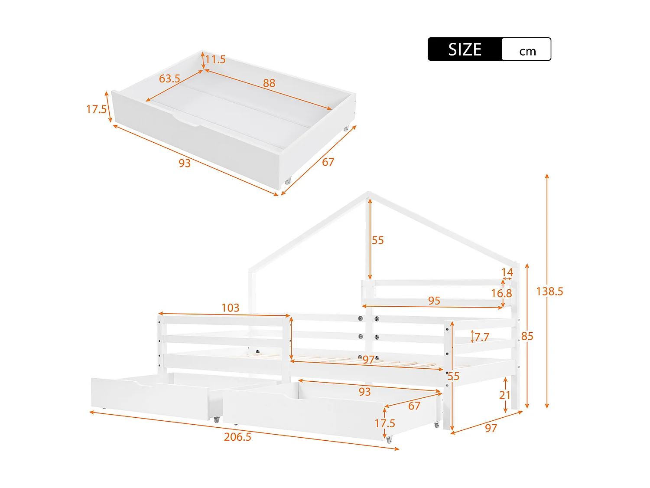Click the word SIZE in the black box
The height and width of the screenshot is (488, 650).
pos(465,49)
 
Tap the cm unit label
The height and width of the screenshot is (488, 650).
pos(527,51)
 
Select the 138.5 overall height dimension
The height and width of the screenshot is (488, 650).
pos(549,291)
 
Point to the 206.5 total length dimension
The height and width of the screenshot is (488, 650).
pos(237,436)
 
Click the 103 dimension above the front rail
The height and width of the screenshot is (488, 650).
pos(230,308)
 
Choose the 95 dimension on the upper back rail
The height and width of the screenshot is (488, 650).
pos(434,301)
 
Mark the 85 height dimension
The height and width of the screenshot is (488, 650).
pos(527,336)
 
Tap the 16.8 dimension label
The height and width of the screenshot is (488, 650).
pos(501,293)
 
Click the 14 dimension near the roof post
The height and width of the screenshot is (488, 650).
pos(507,272)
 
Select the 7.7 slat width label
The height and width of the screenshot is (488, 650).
pos(481,337)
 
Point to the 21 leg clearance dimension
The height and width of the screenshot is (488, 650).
pos(505,395)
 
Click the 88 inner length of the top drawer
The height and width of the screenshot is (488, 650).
pos(269,83)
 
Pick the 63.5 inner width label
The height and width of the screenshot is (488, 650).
pos(169,79)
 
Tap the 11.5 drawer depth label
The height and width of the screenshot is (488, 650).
pos(215,59)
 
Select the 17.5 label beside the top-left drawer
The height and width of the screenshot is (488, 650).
pos(96,109)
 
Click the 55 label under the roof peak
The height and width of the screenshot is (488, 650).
pos(377,240)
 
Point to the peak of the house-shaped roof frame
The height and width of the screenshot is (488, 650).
pos(368,193)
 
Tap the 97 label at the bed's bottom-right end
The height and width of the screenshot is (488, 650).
pos(491,428)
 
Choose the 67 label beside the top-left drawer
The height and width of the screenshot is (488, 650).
pos(328,162)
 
